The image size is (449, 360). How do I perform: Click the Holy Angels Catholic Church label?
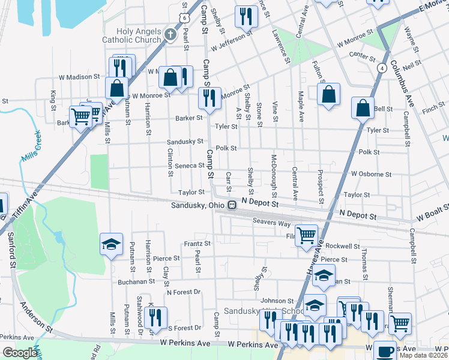coord(140,35)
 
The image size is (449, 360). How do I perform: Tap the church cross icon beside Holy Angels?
coord(170,34)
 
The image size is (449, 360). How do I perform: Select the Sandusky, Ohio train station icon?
coord(231,205)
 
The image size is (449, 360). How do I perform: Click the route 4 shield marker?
coord(382,68)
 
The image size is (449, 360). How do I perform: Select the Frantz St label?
coord(197,244)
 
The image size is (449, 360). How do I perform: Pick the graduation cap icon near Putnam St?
coord(111,244)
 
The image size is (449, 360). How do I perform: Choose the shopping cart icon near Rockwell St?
coord(306,234)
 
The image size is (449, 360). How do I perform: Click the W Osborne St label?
coord(371,174)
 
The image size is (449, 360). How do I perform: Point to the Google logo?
coord(20,353)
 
